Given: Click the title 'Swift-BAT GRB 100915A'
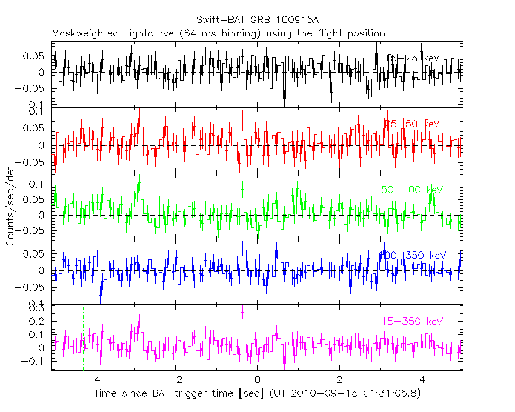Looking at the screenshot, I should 258,20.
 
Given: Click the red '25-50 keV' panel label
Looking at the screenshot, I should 411,124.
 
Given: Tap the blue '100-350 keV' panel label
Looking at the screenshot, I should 412,255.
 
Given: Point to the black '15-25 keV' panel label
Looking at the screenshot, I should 412,58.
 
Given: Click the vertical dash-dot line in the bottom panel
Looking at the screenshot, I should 83,339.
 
